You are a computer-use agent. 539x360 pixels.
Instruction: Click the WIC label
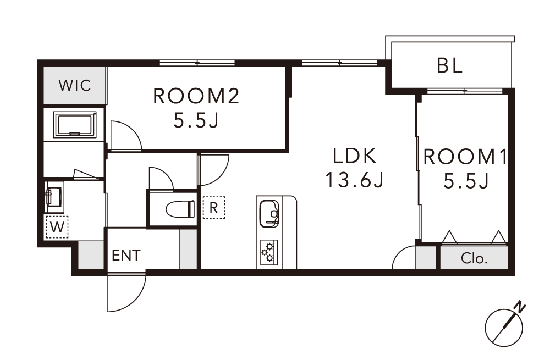click(75, 85)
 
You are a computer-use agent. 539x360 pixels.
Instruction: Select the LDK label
click(355, 156)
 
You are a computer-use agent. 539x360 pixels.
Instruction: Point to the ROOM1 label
click(465, 157)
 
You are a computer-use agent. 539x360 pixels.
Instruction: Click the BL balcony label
click(450, 65)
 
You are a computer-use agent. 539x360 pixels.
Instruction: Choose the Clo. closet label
click(474, 258)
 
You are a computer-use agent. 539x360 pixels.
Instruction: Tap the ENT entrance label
click(126, 255)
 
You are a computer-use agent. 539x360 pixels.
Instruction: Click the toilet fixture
click(180, 209)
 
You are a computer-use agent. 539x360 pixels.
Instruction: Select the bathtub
click(74, 124)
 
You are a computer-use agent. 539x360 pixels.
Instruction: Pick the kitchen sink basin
click(269, 213)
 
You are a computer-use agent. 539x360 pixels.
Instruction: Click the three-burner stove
click(269, 252)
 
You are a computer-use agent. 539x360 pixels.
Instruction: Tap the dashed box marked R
click(214, 208)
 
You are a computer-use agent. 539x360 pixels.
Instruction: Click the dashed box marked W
click(57, 227)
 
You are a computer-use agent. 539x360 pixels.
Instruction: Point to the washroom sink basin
click(53, 197)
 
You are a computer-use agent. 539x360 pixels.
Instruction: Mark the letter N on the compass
click(521, 307)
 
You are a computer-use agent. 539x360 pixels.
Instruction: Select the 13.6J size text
click(354, 180)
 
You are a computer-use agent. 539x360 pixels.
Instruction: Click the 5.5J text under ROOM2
click(196, 120)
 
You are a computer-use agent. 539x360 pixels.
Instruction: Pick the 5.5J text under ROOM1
click(466, 181)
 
